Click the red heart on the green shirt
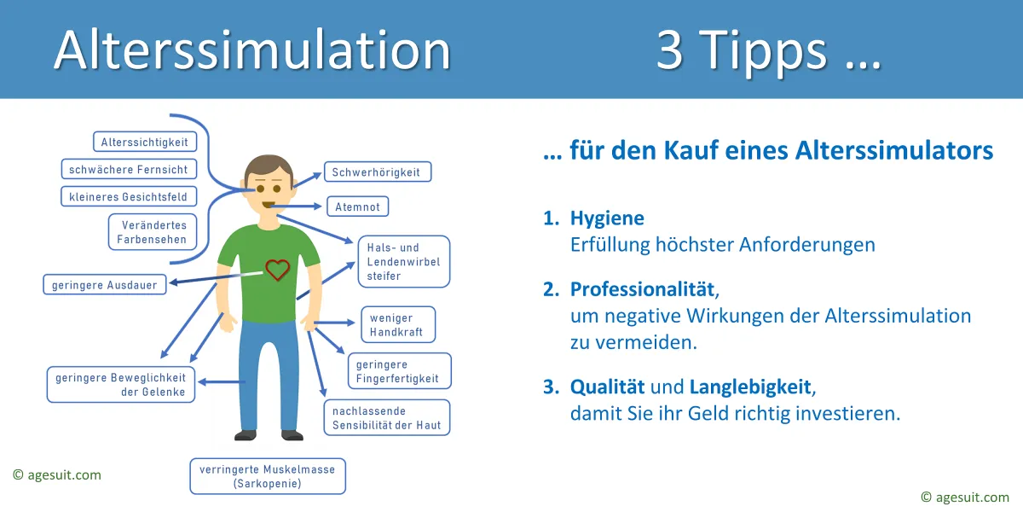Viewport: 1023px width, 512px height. (x=277, y=270)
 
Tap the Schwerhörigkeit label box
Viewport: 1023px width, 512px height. (x=378, y=172)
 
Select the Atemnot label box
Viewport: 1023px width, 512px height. (x=357, y=207)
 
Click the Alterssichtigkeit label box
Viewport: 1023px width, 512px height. (x=145, y=142)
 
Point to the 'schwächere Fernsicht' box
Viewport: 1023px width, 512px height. (x=129, y=169)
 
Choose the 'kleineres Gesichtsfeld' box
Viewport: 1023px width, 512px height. (x=129, y=196)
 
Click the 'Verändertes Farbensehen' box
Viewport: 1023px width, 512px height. (x=153, y=232)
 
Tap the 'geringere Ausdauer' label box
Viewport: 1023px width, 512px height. (x=105, y=285)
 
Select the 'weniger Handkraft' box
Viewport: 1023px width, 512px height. (x=398, y=324)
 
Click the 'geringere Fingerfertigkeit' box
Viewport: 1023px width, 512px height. (x=400, y=371)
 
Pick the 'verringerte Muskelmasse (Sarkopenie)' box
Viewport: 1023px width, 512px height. (x=268, y=476)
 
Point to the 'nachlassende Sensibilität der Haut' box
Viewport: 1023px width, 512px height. (x=387, y=418)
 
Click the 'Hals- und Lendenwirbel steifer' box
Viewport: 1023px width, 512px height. (x=404, y=261)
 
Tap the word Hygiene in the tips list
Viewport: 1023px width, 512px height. (x=607, y=218)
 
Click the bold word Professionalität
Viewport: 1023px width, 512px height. (x=642, y=289)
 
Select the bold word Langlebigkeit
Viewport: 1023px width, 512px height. (x=750, y=387)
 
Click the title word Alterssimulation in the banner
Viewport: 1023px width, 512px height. (x=252, y=49)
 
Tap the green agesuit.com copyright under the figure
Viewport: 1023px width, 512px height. (x=57, y=475)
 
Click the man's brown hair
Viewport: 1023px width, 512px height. (x=269, y=168)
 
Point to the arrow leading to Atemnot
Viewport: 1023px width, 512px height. (x=296, y=207)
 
